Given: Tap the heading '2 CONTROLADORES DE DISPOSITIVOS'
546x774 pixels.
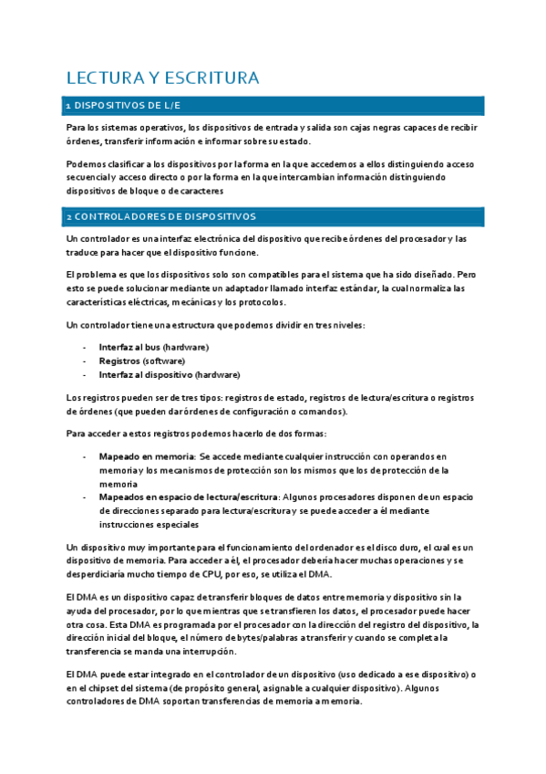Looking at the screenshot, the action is click(x=160, y=217).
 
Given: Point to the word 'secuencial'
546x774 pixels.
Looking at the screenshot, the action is click(x=87, y=178).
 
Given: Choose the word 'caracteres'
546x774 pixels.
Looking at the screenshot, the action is click(x=199, y=192).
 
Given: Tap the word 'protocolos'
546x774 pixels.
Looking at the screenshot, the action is click(x=263, y=302).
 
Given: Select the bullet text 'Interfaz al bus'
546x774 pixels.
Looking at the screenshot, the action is click(x=129, y=347).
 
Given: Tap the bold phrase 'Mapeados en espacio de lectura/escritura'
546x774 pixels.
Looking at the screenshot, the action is click(x=190, y=497).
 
